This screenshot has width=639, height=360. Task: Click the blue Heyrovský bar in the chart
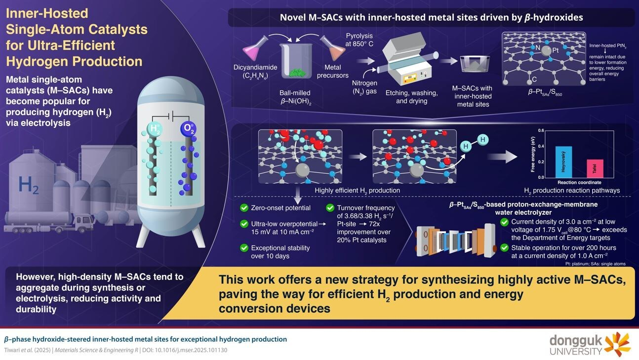click(563, 162)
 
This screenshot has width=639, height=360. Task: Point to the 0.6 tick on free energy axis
click(542, 130)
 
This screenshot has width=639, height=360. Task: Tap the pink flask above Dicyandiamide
click(255, 49)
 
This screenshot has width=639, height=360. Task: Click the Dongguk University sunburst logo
click(617, 344)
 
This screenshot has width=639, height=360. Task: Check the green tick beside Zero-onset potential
click(243, 208)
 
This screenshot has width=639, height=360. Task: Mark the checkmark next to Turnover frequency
click(330, 208)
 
